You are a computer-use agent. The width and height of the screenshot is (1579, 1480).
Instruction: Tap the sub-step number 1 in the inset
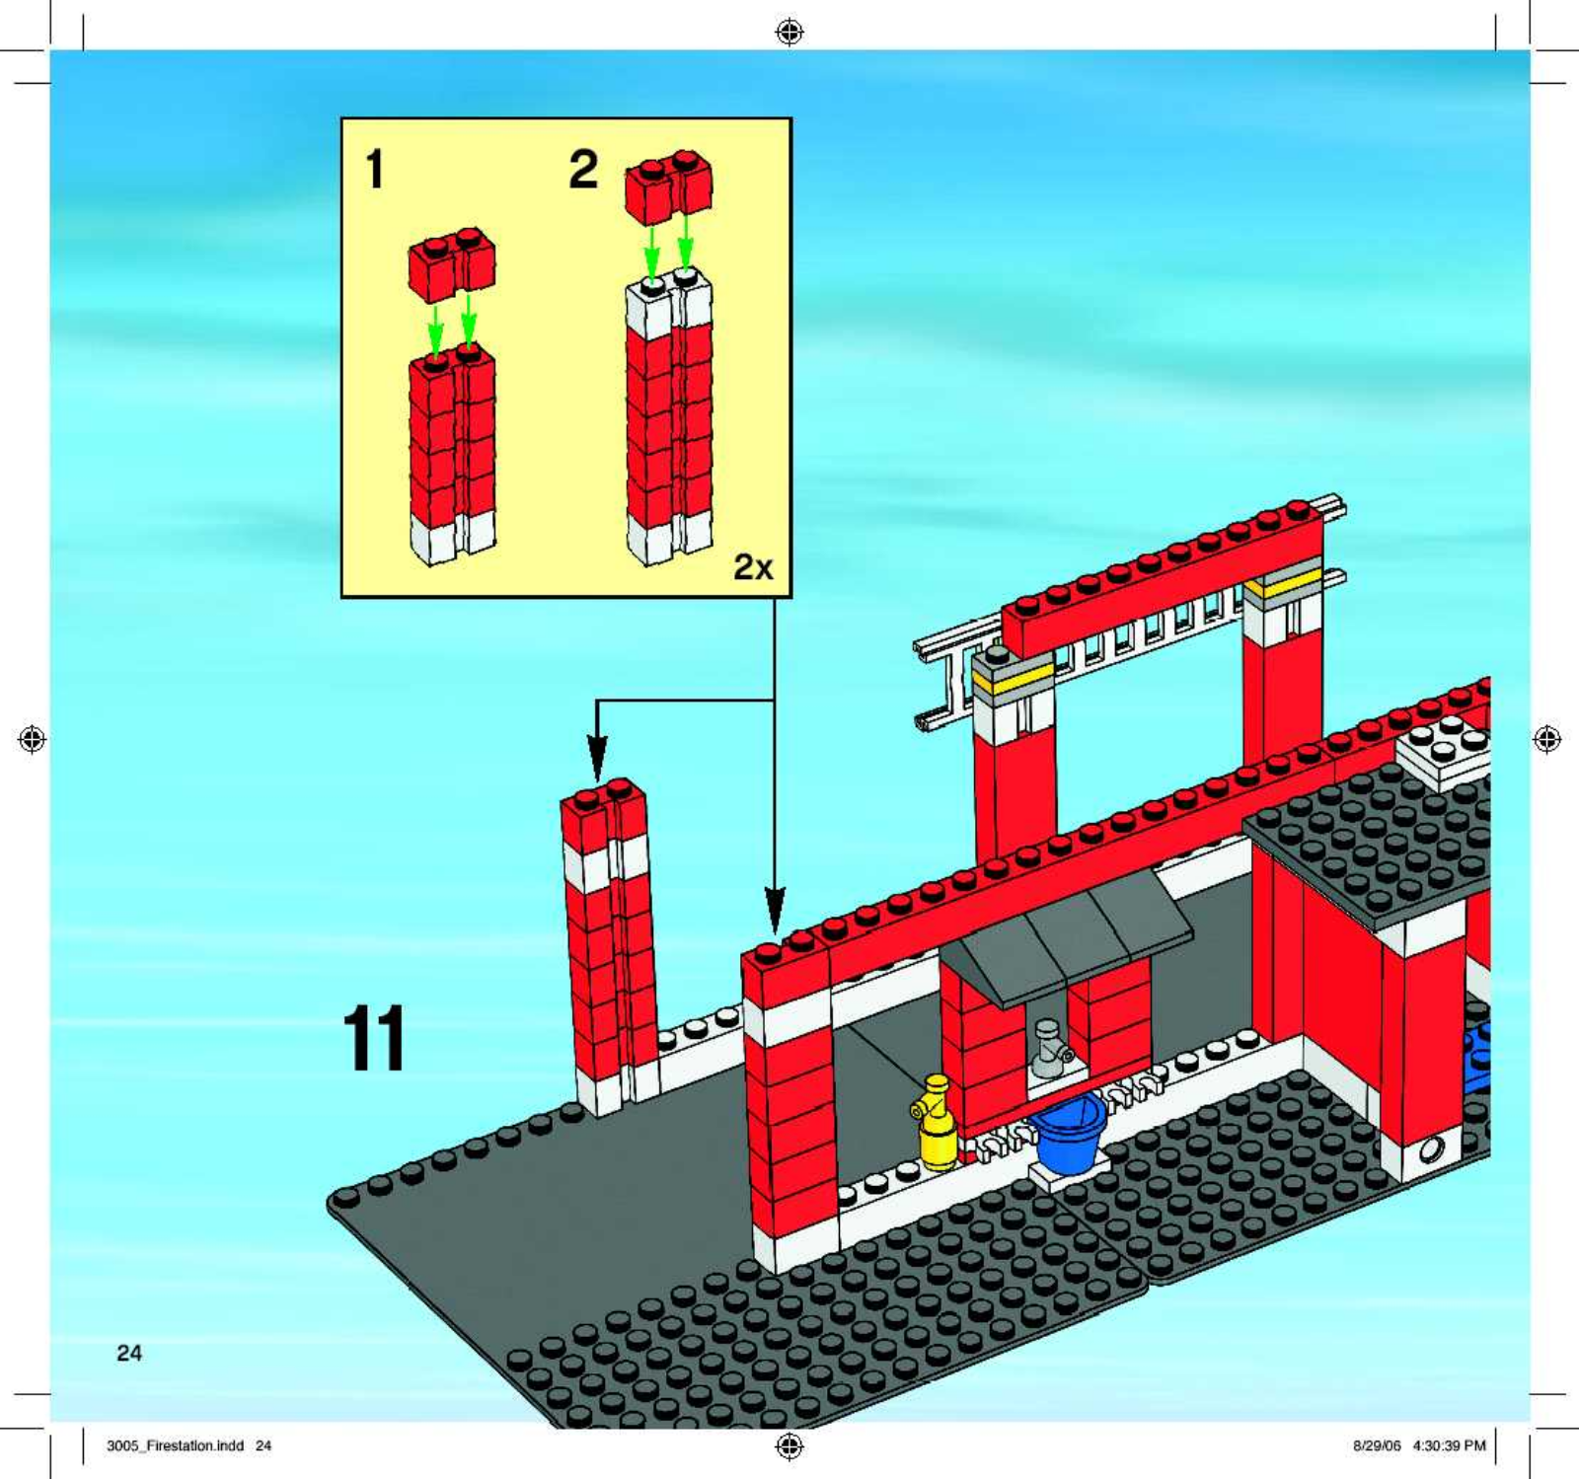pos(374,169)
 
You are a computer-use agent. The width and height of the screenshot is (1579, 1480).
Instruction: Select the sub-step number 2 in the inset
pos(583,169)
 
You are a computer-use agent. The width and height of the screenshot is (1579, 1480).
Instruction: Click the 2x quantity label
pos(753,566)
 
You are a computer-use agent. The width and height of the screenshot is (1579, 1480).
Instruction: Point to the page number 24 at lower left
pos(129,1353)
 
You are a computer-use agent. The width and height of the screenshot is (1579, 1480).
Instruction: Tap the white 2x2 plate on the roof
pos(1442,750)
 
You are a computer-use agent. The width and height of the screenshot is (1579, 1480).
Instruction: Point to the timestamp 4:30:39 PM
pos(1449,1445)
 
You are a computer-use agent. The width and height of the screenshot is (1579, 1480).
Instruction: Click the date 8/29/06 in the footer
pos(1377,1445)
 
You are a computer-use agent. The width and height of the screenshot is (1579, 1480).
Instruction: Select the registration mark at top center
pos(789,33)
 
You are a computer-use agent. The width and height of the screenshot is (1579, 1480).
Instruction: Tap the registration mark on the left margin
pos(33,738)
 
